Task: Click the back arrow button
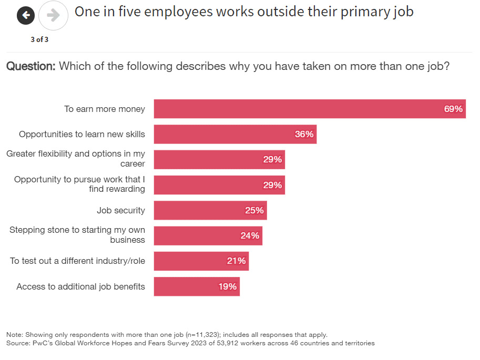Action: tap(26, 15)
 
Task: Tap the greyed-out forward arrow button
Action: tap(53, 15)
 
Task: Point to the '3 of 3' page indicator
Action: tap(39, 39)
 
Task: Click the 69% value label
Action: tap(453, 109)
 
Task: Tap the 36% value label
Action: tap(304, 134)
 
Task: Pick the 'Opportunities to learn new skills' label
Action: tap(82, 134)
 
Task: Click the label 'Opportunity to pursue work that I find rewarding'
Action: tap(79, 184)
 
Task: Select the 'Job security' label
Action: tap(121, 210)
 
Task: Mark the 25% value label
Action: tap(254, 210)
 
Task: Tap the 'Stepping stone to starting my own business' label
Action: tap(77, 235)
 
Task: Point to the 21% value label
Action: tap(236, 261)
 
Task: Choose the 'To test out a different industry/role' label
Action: tap(78, 261)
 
